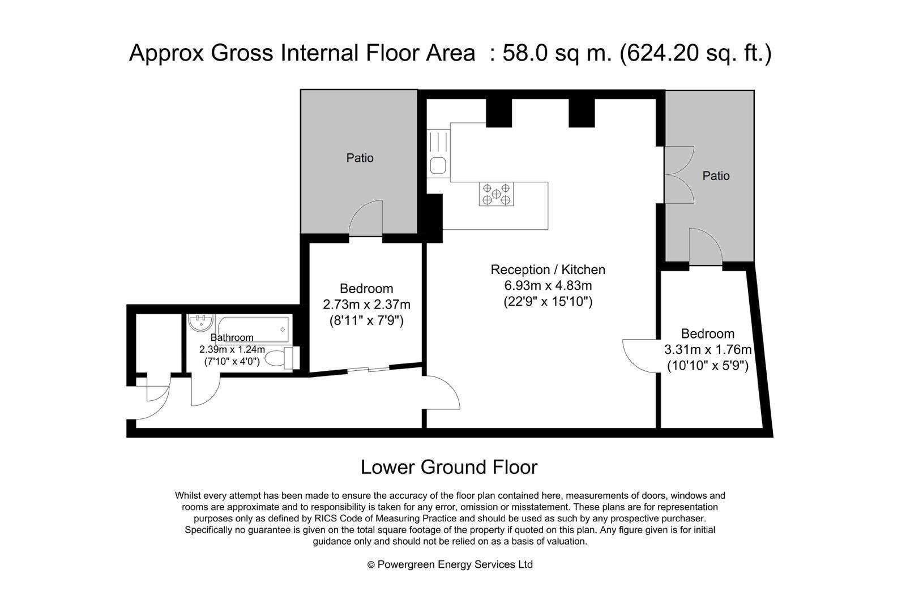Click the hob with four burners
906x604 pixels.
coord(496,194)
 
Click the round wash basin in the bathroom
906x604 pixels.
coord(200,323)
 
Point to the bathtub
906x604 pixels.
coord(253,329)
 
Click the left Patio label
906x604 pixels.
coord(360,158)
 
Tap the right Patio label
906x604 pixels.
coord(716,175)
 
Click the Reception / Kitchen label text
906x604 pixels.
coord(548,269)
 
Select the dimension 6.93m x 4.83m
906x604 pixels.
coord(548,285)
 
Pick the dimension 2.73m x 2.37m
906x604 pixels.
coord(366,304)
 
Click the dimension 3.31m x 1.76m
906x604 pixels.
coord(708,349)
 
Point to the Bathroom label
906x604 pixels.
coord(232,337)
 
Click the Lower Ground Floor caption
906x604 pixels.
coord(449,467)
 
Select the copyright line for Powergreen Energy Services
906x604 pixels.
coord(450,564)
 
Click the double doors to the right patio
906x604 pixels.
coord(679,175)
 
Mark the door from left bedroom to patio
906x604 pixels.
coord(366,219)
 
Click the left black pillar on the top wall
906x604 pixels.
coord(499,113)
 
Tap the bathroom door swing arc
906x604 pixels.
coord(206,391)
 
